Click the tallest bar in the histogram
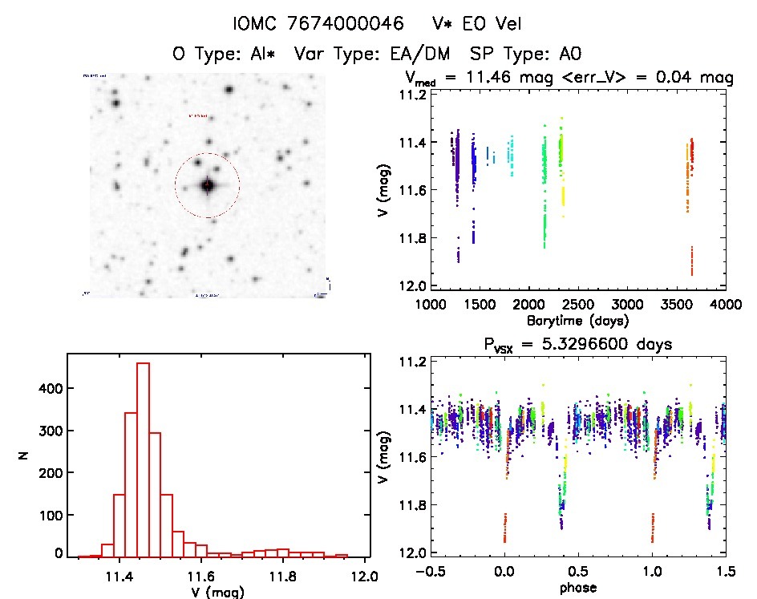tap(144, 458)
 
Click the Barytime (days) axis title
tap(577, 320)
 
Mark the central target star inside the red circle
tap(207, 185)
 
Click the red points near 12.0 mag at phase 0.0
tap(504, 528)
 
